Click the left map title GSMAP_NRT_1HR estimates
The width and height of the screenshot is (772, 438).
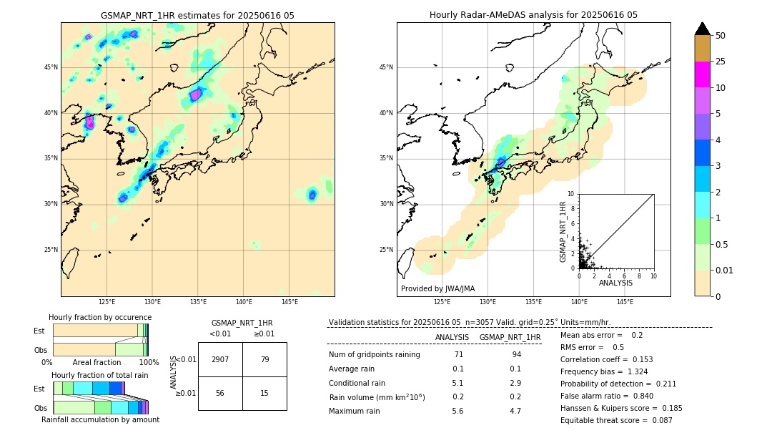[197, 15]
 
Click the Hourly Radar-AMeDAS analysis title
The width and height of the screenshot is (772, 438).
[533, 15]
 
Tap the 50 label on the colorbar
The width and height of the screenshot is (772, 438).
[721, 36]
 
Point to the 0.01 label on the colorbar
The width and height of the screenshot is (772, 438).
[725, 270]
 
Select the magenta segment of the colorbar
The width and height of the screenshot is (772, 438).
[702, 74]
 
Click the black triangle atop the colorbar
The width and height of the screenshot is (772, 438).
[702, 29]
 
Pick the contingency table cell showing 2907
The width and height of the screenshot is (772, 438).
[220, 359]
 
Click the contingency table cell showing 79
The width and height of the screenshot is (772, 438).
[264, 359]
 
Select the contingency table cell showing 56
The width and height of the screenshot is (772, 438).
[220, 393]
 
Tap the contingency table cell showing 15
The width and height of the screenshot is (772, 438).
[264, 393]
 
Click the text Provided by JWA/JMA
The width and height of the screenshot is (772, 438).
[437, 288]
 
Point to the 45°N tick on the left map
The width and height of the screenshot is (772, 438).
[51, 67]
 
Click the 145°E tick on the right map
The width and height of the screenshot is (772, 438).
[625, 302]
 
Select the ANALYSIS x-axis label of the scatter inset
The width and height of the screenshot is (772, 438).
[615, 283]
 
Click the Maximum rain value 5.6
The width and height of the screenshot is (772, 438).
[457, 411]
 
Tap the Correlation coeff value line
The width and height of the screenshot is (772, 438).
[606, 359]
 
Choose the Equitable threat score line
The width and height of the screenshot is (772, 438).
[616, 420]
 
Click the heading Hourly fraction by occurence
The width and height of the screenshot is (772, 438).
[100, 317]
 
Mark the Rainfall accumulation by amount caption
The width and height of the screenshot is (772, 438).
[100, 419]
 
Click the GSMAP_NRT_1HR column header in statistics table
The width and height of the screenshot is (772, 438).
[510, 337]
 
